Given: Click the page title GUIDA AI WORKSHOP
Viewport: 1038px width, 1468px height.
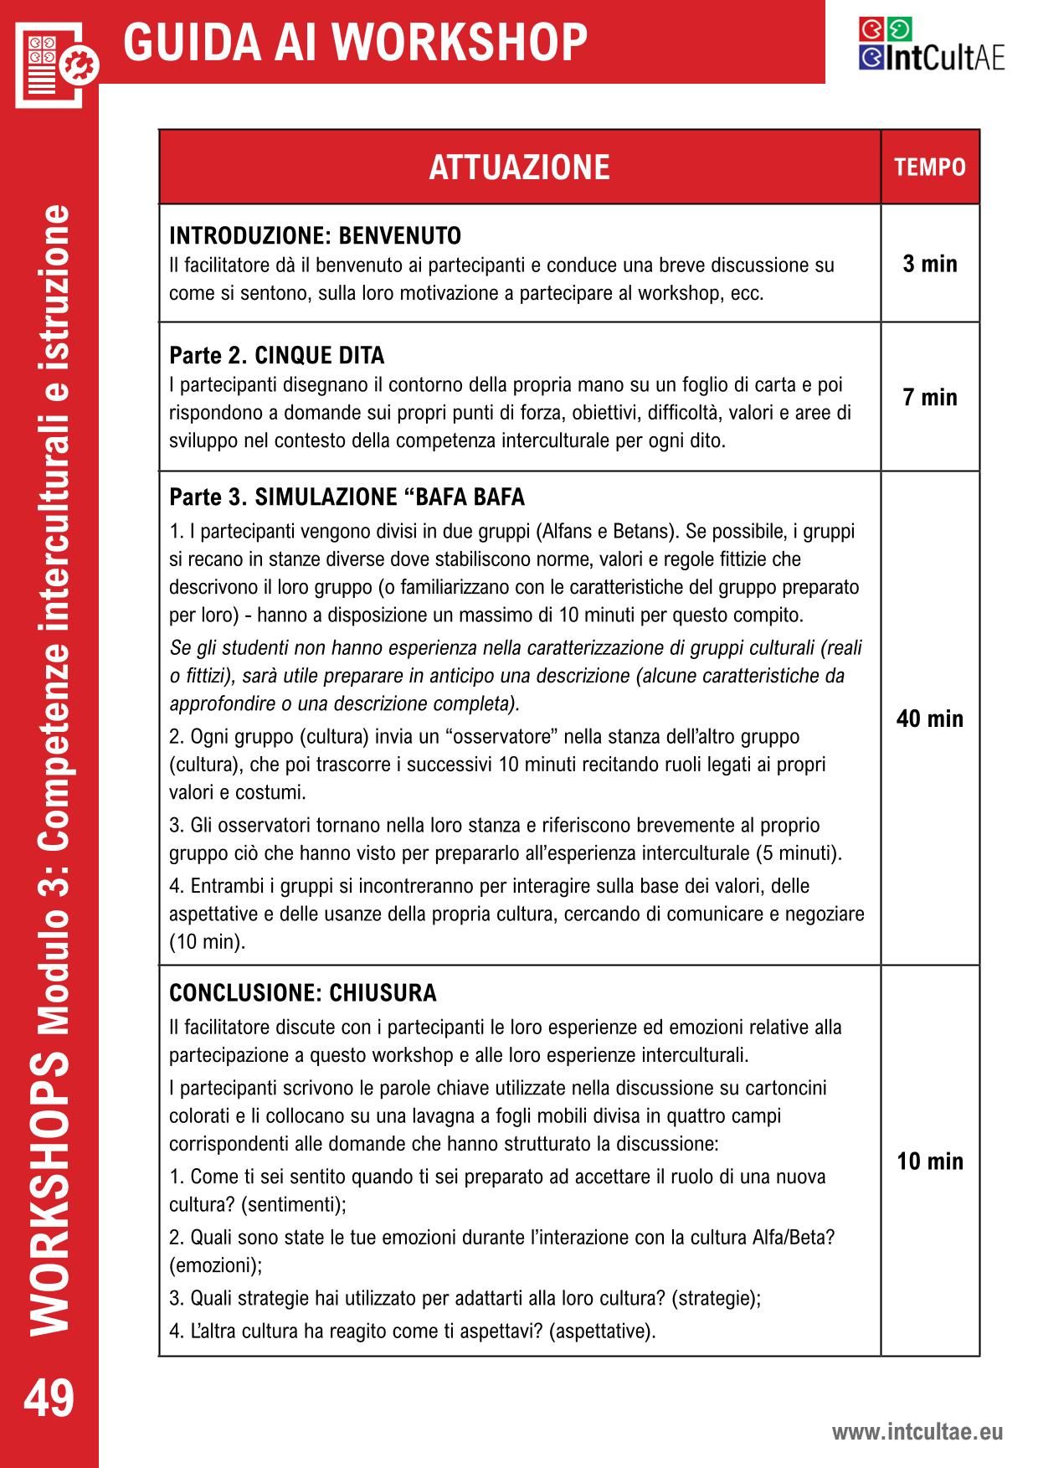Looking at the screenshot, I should (355, 42).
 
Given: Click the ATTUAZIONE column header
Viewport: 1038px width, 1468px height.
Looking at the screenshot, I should (519, 167).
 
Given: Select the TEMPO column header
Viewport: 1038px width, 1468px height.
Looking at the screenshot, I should (930, 167).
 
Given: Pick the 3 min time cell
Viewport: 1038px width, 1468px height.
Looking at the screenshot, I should (930, 264).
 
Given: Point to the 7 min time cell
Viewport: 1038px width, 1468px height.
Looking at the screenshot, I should (930, 397).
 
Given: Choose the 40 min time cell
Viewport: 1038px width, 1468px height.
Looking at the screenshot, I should (930, 719).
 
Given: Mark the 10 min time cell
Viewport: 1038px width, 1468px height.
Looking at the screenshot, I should (930, 1162).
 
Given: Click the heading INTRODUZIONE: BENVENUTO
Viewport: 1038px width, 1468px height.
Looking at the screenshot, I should (315, 236).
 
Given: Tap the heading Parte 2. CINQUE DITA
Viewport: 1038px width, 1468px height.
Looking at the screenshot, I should (276, 356).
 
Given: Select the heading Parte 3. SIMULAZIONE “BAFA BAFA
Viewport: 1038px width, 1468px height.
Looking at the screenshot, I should (347, 497).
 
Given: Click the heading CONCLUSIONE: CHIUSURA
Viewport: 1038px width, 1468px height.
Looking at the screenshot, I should (303, 993).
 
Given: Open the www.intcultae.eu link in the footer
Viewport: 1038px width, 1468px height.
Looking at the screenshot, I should (917, 1433).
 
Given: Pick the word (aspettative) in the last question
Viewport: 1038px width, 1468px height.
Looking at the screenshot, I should (602, 1331).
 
